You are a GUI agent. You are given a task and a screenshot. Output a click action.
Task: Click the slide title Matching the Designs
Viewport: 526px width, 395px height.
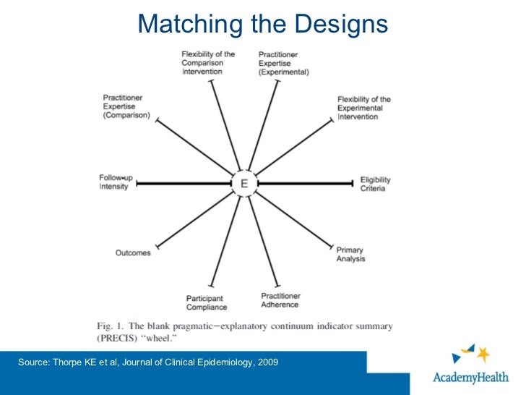pos(262,25)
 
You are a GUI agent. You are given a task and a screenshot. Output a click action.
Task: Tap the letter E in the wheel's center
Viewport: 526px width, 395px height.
pos(244,184)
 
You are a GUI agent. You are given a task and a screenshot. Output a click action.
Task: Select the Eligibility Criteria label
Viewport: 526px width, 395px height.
pos(373,184)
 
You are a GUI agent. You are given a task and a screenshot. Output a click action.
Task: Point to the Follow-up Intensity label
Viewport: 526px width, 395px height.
pos(113,182)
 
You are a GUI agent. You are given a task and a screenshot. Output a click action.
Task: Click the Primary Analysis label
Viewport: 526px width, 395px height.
pos(350,254)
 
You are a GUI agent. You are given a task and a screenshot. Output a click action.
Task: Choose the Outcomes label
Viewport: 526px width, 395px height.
pos(133,252)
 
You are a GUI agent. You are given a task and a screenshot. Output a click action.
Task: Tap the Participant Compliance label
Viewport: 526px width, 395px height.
pos(205,302)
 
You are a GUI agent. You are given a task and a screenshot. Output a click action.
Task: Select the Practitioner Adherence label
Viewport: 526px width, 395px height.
pos(280,300)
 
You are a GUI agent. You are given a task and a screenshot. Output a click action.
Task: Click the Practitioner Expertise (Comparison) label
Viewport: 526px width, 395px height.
pos(126,106)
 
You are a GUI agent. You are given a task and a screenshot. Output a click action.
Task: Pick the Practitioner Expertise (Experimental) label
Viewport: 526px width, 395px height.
pos(283,63)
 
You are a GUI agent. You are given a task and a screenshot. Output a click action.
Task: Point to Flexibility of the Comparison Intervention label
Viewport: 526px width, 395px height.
pos(207,62)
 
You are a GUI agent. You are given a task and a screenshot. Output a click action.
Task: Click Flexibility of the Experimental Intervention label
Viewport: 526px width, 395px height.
pos(364,108)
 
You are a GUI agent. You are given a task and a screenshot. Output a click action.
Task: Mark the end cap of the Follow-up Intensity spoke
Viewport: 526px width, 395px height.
pos(136,184)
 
